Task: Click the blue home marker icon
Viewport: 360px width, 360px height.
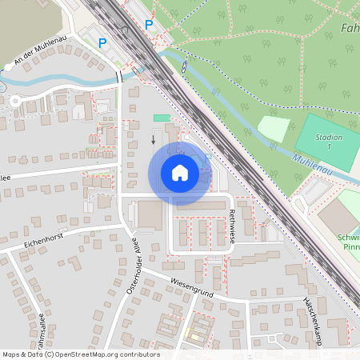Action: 180,173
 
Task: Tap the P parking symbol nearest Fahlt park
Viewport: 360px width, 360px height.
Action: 149,25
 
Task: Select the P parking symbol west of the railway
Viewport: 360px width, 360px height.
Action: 102,42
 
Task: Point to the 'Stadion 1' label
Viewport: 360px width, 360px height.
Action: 329,142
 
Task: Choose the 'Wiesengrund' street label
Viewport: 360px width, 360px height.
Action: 191,288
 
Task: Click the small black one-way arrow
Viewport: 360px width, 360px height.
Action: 154,140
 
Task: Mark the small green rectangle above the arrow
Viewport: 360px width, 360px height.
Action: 162,118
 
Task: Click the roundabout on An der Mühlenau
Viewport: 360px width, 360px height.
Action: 14,102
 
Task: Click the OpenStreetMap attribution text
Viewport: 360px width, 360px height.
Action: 81,354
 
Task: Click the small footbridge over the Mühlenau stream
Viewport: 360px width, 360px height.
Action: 186,68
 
